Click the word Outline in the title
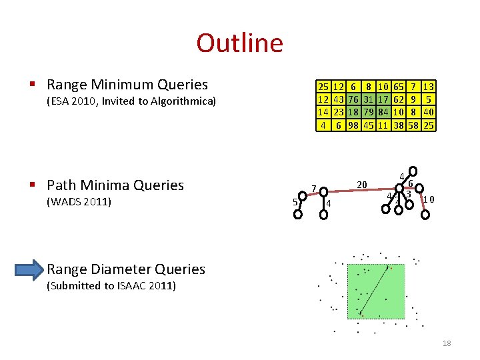point(239,43)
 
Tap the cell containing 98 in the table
point(353,125)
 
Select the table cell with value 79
point(368,113)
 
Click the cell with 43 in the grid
point(338,99)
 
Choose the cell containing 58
point(413,125)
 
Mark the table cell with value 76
point(353,99)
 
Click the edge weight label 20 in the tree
point(362,184)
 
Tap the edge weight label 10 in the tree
point(430,199)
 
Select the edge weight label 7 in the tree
point(313,189)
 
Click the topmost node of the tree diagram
point(413,171)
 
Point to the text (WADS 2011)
point(78,201)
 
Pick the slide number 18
point(447,343)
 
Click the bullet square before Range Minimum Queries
point(32,85)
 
